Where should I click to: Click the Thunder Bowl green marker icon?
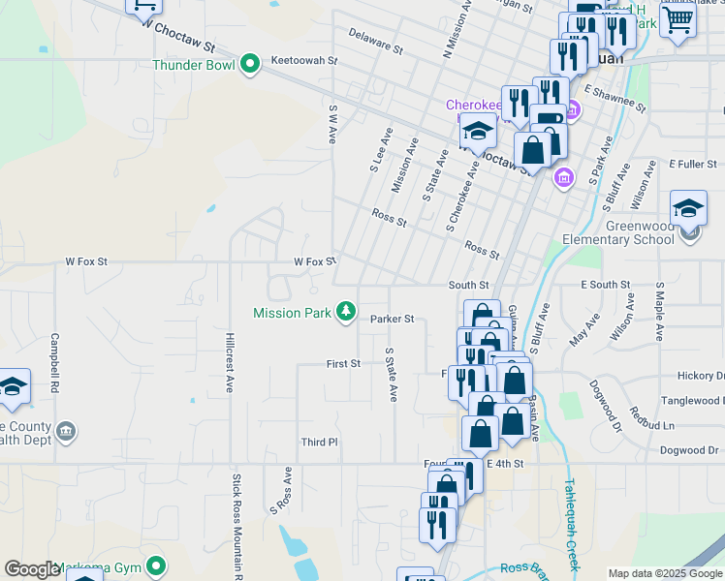click(x=250, y=66)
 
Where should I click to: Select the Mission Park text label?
click(x=291, y=313)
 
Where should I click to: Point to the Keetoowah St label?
click(x=303, y=60)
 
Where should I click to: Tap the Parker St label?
click(x=393, y=319)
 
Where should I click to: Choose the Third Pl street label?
click(x=318, y=442)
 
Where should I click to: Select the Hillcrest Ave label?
click(x=230, y=362)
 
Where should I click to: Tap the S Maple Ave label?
click(x=659, y=312)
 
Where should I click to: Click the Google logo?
click(x=32, y=569)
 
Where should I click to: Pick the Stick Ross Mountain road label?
click(x=236, y=523)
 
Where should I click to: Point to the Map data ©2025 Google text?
click(x=664, y=573)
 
